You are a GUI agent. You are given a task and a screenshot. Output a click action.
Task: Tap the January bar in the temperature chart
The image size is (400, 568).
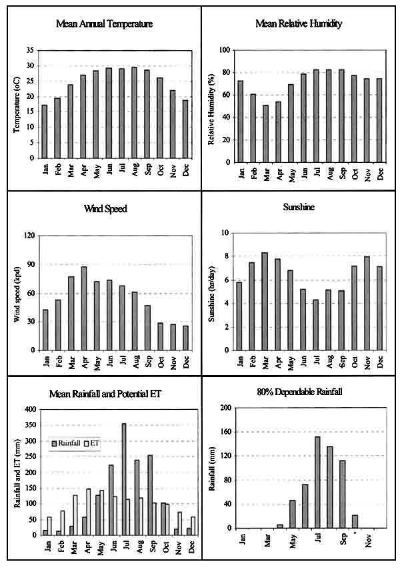(45, 131)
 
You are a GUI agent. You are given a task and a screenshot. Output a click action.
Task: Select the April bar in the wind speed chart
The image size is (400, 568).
(83, 308)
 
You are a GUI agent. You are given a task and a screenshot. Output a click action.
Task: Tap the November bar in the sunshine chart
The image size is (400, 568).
(367, 303)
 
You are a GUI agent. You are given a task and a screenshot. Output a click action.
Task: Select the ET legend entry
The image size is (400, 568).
(93, 442)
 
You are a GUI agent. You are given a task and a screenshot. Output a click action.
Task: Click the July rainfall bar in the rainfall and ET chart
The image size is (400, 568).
(123, 479)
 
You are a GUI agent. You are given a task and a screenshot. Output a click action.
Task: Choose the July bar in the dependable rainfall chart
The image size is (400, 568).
(317, 482)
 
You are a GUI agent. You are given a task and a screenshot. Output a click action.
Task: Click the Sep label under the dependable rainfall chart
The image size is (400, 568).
(343, 542)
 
